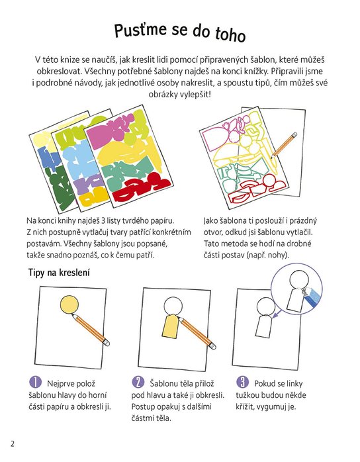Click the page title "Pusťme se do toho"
[180, 32]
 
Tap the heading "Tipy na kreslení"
[59, 273]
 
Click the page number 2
[12, 443]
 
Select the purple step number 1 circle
[35, 382]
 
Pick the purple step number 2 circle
[138, 382]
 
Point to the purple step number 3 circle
[242, 382]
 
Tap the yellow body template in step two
[171, 326]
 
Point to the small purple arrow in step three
[275, 315]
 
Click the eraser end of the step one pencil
[107, 342]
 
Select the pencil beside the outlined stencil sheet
[284, 145]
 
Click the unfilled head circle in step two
[173, 306]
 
